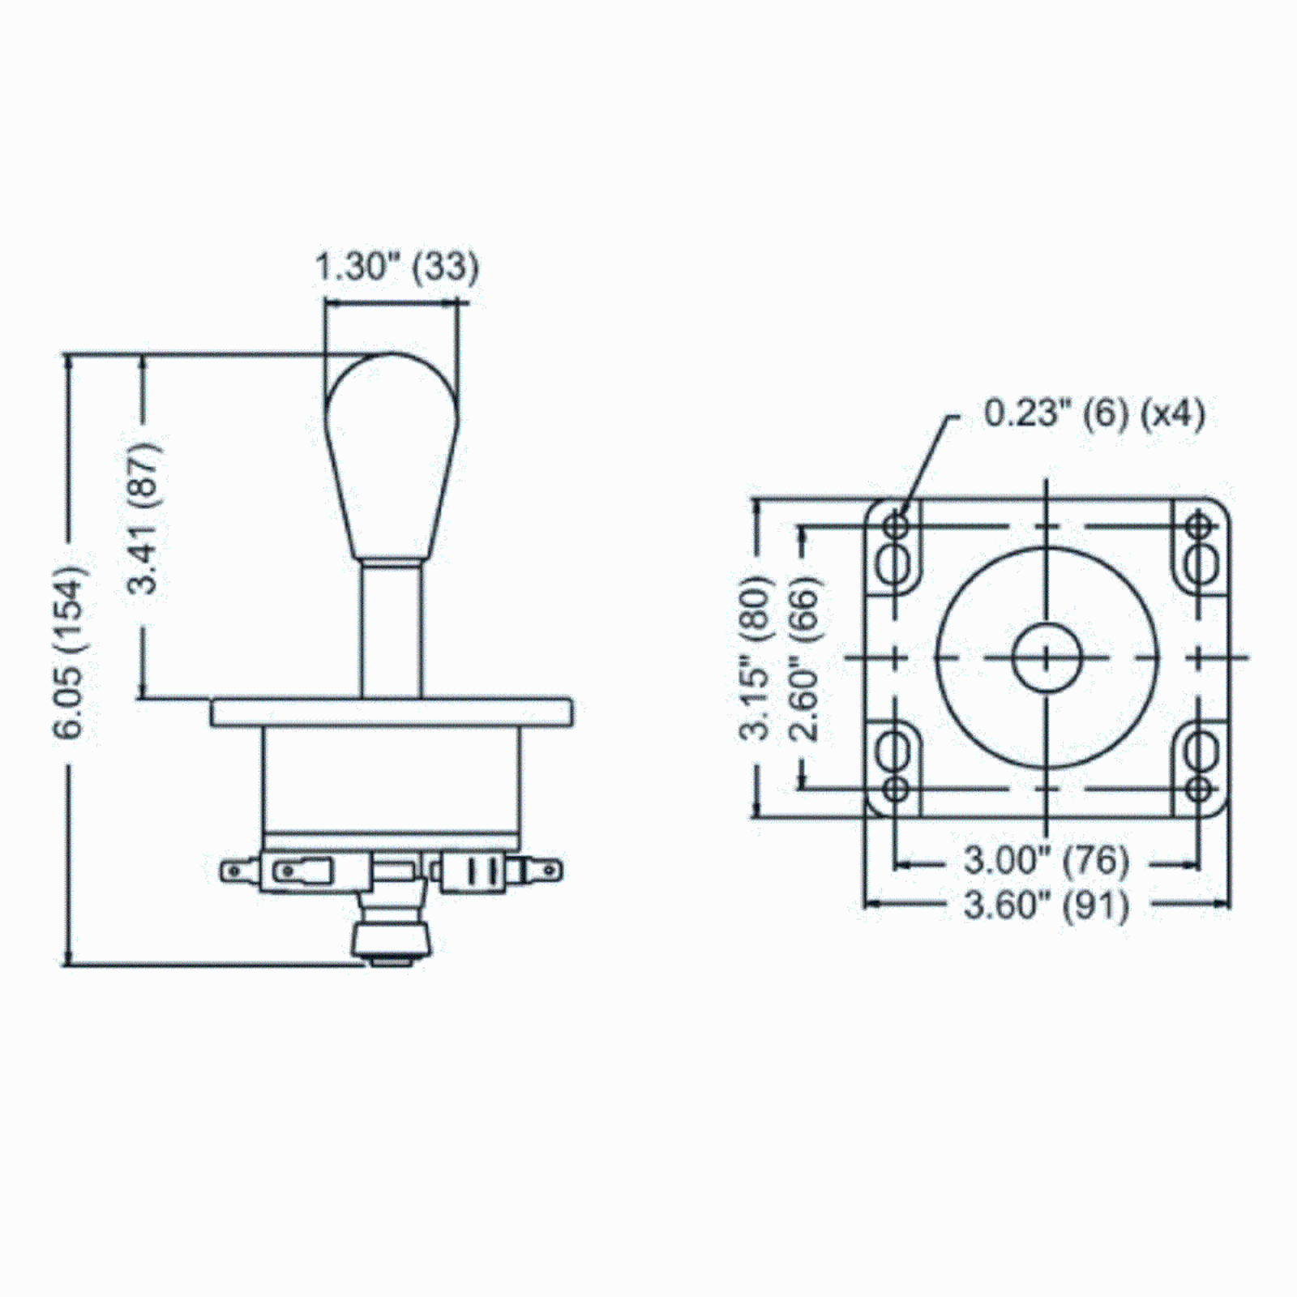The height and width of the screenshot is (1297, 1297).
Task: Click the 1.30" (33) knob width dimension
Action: point(396,267)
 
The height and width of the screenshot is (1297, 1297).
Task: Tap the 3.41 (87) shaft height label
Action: point(146,519)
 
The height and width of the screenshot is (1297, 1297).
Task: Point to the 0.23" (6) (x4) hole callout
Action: point(1094,413)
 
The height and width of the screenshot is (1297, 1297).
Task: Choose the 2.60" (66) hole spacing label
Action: point(806,658)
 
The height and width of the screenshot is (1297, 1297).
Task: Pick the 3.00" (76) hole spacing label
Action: point(1047,859)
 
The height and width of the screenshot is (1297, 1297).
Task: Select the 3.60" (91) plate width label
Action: point(1047,905)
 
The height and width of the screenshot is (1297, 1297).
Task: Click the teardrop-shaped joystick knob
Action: point(392,456)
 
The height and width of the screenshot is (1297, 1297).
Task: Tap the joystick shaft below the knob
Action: point(392,629)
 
